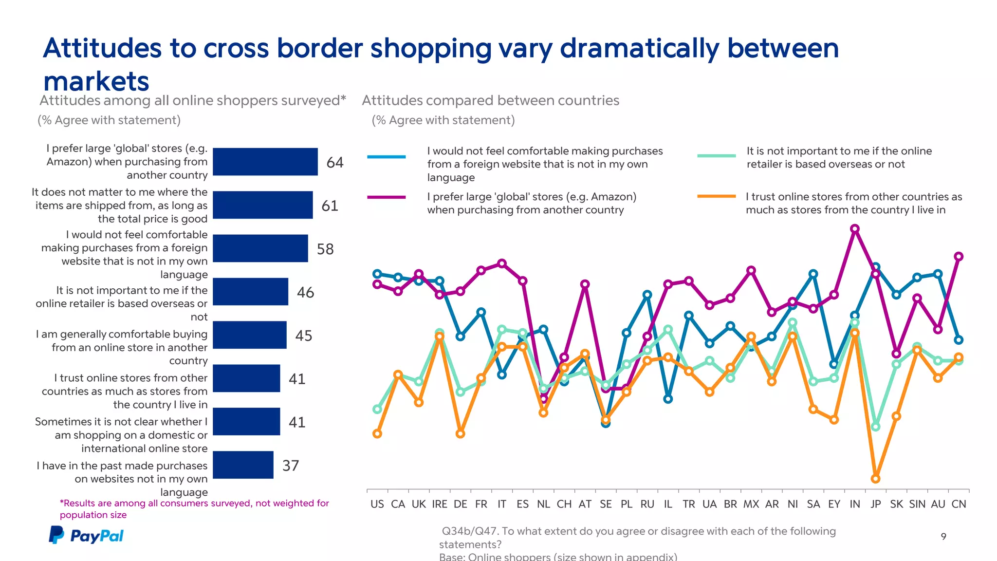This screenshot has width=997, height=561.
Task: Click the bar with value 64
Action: (x=265, y=162)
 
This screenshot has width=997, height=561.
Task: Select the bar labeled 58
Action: (x=260, y=248)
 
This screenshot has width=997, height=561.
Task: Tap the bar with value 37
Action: (x=243, y=465)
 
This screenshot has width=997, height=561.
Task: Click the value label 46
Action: (x=305, y=292)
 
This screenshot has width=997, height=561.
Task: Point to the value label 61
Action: (x=330, y=206)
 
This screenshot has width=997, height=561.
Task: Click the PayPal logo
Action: (x=86, y=535)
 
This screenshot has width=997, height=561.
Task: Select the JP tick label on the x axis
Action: (x=875, y=504)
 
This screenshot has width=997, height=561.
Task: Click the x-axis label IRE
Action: (x=439, y=504)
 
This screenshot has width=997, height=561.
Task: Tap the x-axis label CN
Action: (x=959, y=504)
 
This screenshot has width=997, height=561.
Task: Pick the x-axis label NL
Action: (x=543, y=504)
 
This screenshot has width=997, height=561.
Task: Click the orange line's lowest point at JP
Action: (x=875, y=479)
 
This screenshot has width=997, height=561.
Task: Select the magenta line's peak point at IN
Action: (x=855, y=228)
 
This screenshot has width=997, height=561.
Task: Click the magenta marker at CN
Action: (x=959, y=256)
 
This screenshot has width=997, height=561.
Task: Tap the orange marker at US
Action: (x=377, y=433)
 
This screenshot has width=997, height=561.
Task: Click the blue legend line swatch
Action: (x=387, y=157)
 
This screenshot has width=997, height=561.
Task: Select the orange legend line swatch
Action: (x=716, y=197)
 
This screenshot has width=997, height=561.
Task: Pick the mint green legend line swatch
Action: (x=716, y=156)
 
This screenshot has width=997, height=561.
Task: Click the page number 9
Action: (x=943, y=536)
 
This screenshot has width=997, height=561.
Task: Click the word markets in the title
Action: (x=96, y=81)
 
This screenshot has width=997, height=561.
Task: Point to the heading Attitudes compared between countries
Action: (x=490, y=100)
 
